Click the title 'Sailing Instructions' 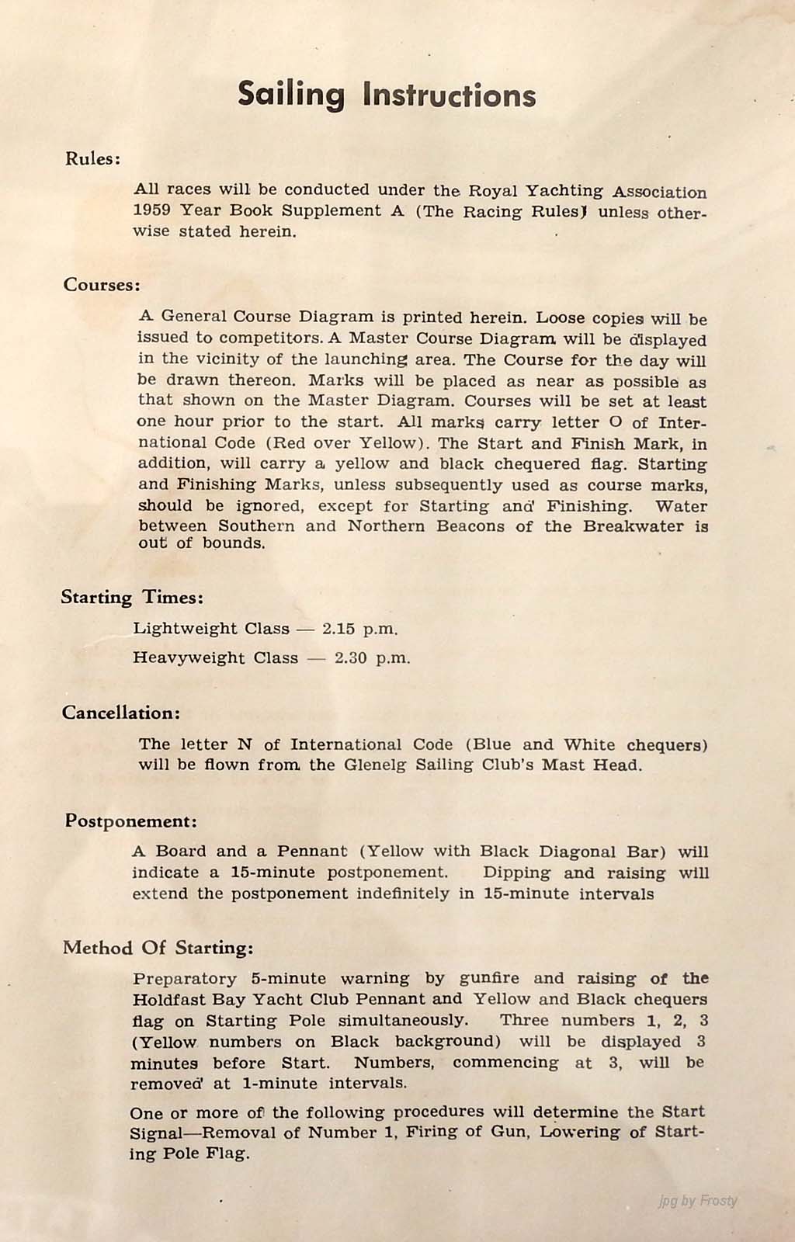click(386, 95)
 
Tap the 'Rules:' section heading click(92, 159)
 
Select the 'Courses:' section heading click(102, 285)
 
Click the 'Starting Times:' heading click(132, 598)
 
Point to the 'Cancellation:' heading click(121, 713)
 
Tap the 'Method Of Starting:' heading click(158, 948)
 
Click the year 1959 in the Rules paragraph click(152, 210)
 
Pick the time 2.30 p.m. click(372, 658)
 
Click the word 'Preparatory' click(185, 979)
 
